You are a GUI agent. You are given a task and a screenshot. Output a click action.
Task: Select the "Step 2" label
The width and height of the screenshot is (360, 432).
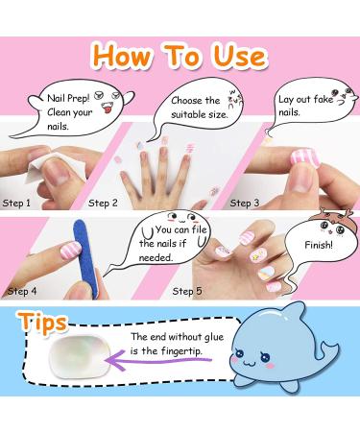tap(103, 203)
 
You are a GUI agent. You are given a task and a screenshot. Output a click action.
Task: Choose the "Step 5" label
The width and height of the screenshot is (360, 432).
tap(188, 290)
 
